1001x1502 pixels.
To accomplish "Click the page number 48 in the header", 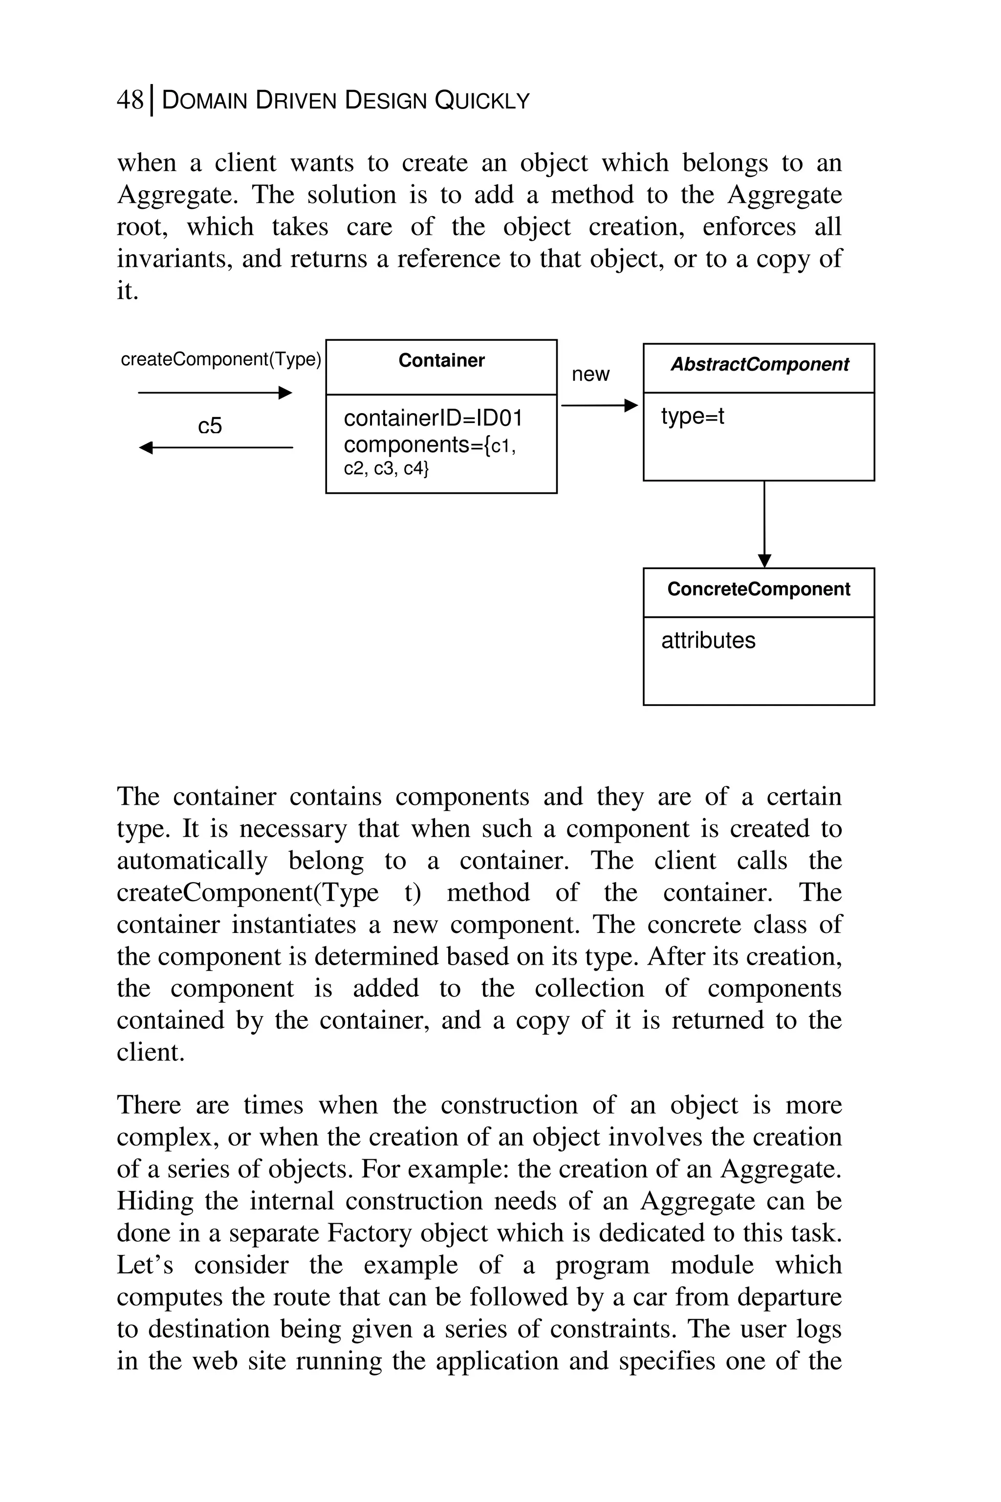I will point(130,100).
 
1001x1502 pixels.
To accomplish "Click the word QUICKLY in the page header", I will point(482,101).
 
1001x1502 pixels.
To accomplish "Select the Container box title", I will point(441,361).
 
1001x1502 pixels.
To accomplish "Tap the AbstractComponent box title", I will point(759,365).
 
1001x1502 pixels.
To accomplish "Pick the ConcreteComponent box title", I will point(759,589).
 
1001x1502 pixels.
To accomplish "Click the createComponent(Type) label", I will point(220,359).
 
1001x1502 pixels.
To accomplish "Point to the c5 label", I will point(210,426).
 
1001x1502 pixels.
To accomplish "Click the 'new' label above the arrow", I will point(590,374).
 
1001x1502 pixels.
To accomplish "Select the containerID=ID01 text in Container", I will point(433,419).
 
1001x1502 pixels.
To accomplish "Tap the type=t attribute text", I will point(693,417).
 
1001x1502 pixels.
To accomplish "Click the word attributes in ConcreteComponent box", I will point(708,641).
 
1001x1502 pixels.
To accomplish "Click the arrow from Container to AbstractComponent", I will point(599,405).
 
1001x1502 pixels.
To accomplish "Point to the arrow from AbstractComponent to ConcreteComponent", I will point(764,524).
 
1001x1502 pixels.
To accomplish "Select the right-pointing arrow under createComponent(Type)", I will point(215,393).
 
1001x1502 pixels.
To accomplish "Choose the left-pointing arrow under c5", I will point(215,448).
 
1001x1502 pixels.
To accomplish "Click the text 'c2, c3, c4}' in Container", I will point(386,469).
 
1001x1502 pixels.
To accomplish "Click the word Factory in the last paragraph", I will point(369,1233).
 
